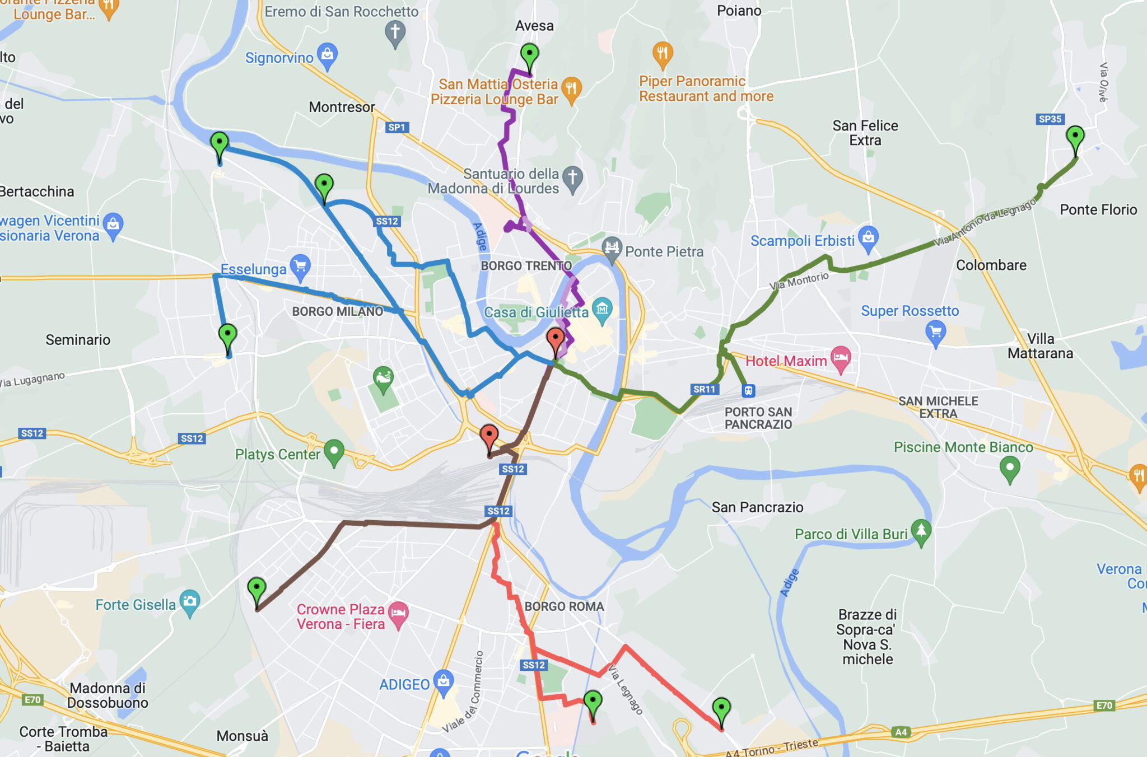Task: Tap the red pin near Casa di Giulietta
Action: (555, 339)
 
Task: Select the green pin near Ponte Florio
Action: (1075, 137)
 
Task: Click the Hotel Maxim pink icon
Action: (841, 358)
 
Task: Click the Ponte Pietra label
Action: (664, 251)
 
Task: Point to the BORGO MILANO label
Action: (338, 311)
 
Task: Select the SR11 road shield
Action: (704, 389)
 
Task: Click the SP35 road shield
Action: (1050, 119)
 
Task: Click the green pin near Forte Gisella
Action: (257, 590)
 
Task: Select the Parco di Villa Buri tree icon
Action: (921, 530)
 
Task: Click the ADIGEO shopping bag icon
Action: (444, 681)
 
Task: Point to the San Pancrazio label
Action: (757, 507)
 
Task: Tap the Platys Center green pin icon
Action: (334, 451)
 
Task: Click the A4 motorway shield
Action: (901, 732)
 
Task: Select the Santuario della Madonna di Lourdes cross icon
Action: (572, 178)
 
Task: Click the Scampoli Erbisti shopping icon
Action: (868, 237)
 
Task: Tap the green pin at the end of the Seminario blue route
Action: (227, 336)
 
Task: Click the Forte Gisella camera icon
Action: (189, 602)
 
